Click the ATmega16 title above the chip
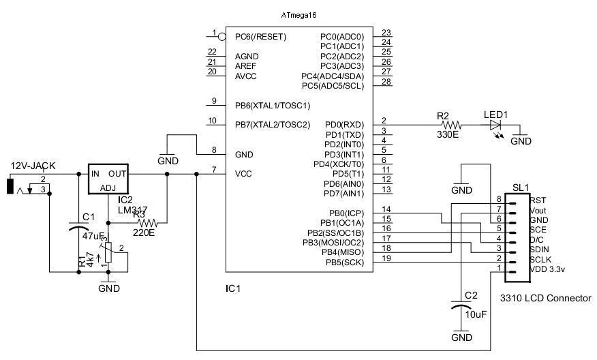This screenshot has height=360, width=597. [299, 14]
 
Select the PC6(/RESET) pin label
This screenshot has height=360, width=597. [260, 36]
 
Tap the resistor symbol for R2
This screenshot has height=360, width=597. [452, 125]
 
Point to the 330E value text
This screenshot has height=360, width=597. [447, 135]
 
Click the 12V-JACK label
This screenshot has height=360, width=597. [32, 166]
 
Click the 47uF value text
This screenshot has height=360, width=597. [92, 235]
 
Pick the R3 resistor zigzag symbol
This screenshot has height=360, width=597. [147, 222]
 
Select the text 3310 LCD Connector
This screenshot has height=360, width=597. [545, 298]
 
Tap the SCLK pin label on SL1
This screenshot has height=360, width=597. [540, 259]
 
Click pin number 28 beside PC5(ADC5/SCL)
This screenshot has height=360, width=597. [386, 82]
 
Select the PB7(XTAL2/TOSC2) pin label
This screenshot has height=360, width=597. [273, 125]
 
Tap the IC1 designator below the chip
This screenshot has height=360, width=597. [233, 288]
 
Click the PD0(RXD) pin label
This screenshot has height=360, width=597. [345, 125]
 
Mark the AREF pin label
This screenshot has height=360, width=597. [247, 66]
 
